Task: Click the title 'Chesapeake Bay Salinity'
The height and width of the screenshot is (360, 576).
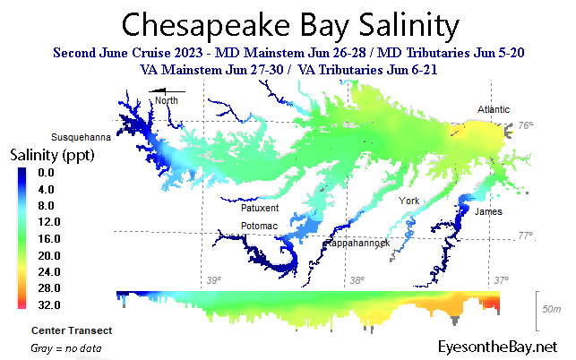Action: point(288,23)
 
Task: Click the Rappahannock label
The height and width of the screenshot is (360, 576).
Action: point(357,243)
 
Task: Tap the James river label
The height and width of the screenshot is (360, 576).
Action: point(488,211)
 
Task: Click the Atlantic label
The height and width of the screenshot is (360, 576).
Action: point(495,110)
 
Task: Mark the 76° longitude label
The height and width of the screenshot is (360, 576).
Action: point(527,126)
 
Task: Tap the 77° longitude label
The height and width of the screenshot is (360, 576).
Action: point(527,236)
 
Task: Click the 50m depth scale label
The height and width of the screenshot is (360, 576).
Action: point(554,309)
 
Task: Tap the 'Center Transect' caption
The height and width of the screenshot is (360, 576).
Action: point(71,330)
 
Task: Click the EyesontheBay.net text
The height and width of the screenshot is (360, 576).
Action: point(498,346)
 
